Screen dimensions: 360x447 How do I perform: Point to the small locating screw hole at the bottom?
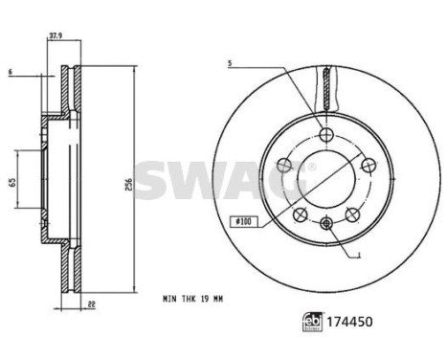326,222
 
